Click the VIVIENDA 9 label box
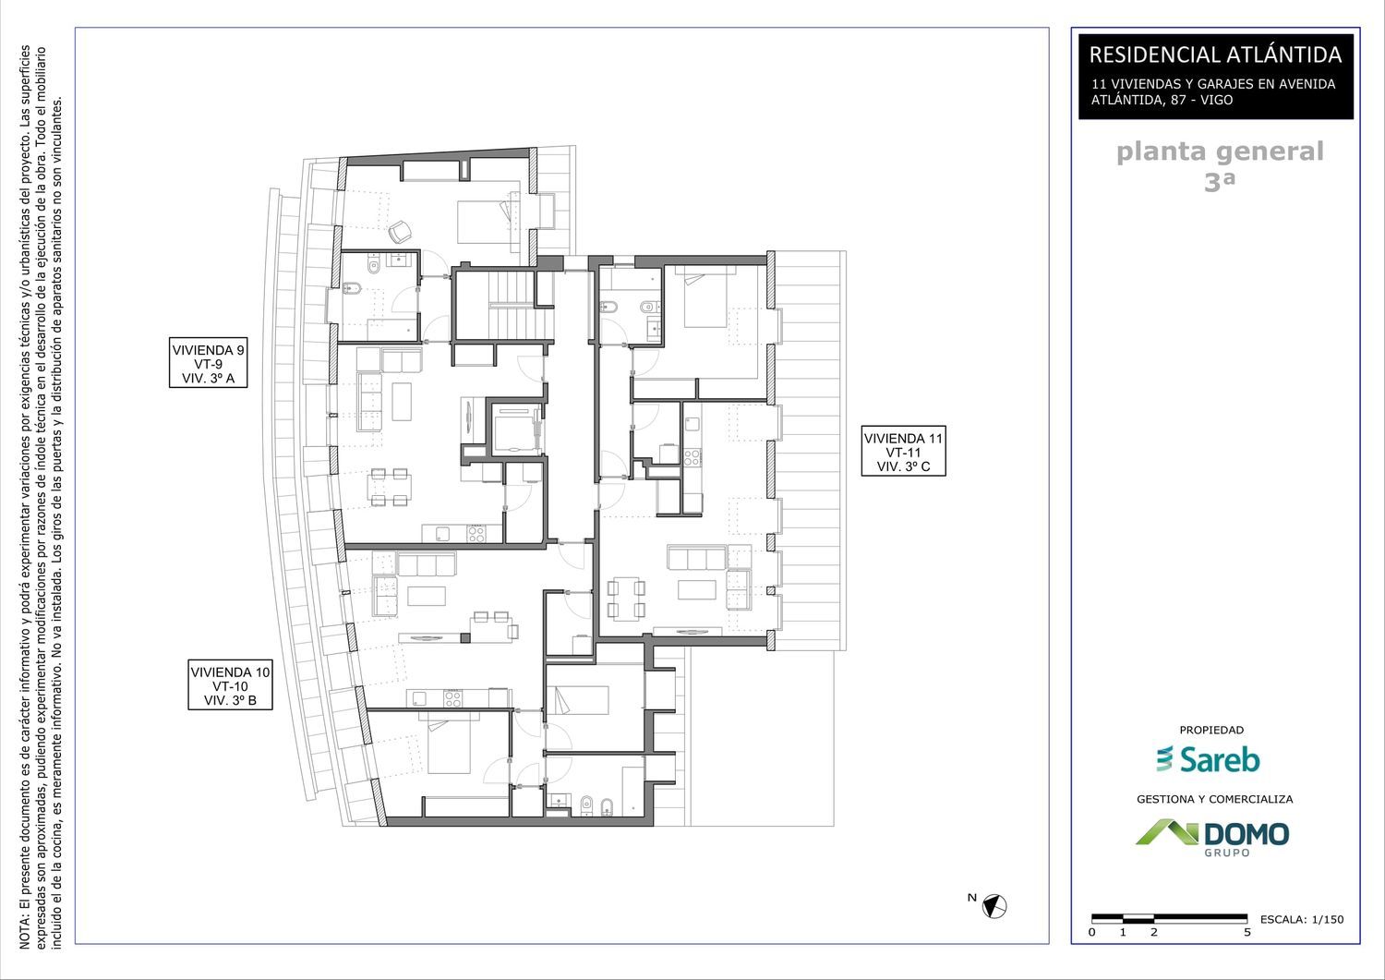tap(209, 363)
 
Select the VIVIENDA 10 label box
tap(230, 684)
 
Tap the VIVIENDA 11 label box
tap(903, 451)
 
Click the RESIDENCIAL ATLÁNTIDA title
tap(1215, 54)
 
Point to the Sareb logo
tap(1208, 759)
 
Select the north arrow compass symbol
tap(994, 906)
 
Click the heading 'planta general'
tap(1220, 151)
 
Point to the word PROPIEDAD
tap(1211, 730)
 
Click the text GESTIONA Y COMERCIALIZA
tap(1214, 799)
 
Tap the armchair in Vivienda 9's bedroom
tap(400, 232)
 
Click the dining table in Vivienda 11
tap(626, 598)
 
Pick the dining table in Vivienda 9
tap(389, 487)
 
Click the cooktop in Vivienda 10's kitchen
tap(452, 698)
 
